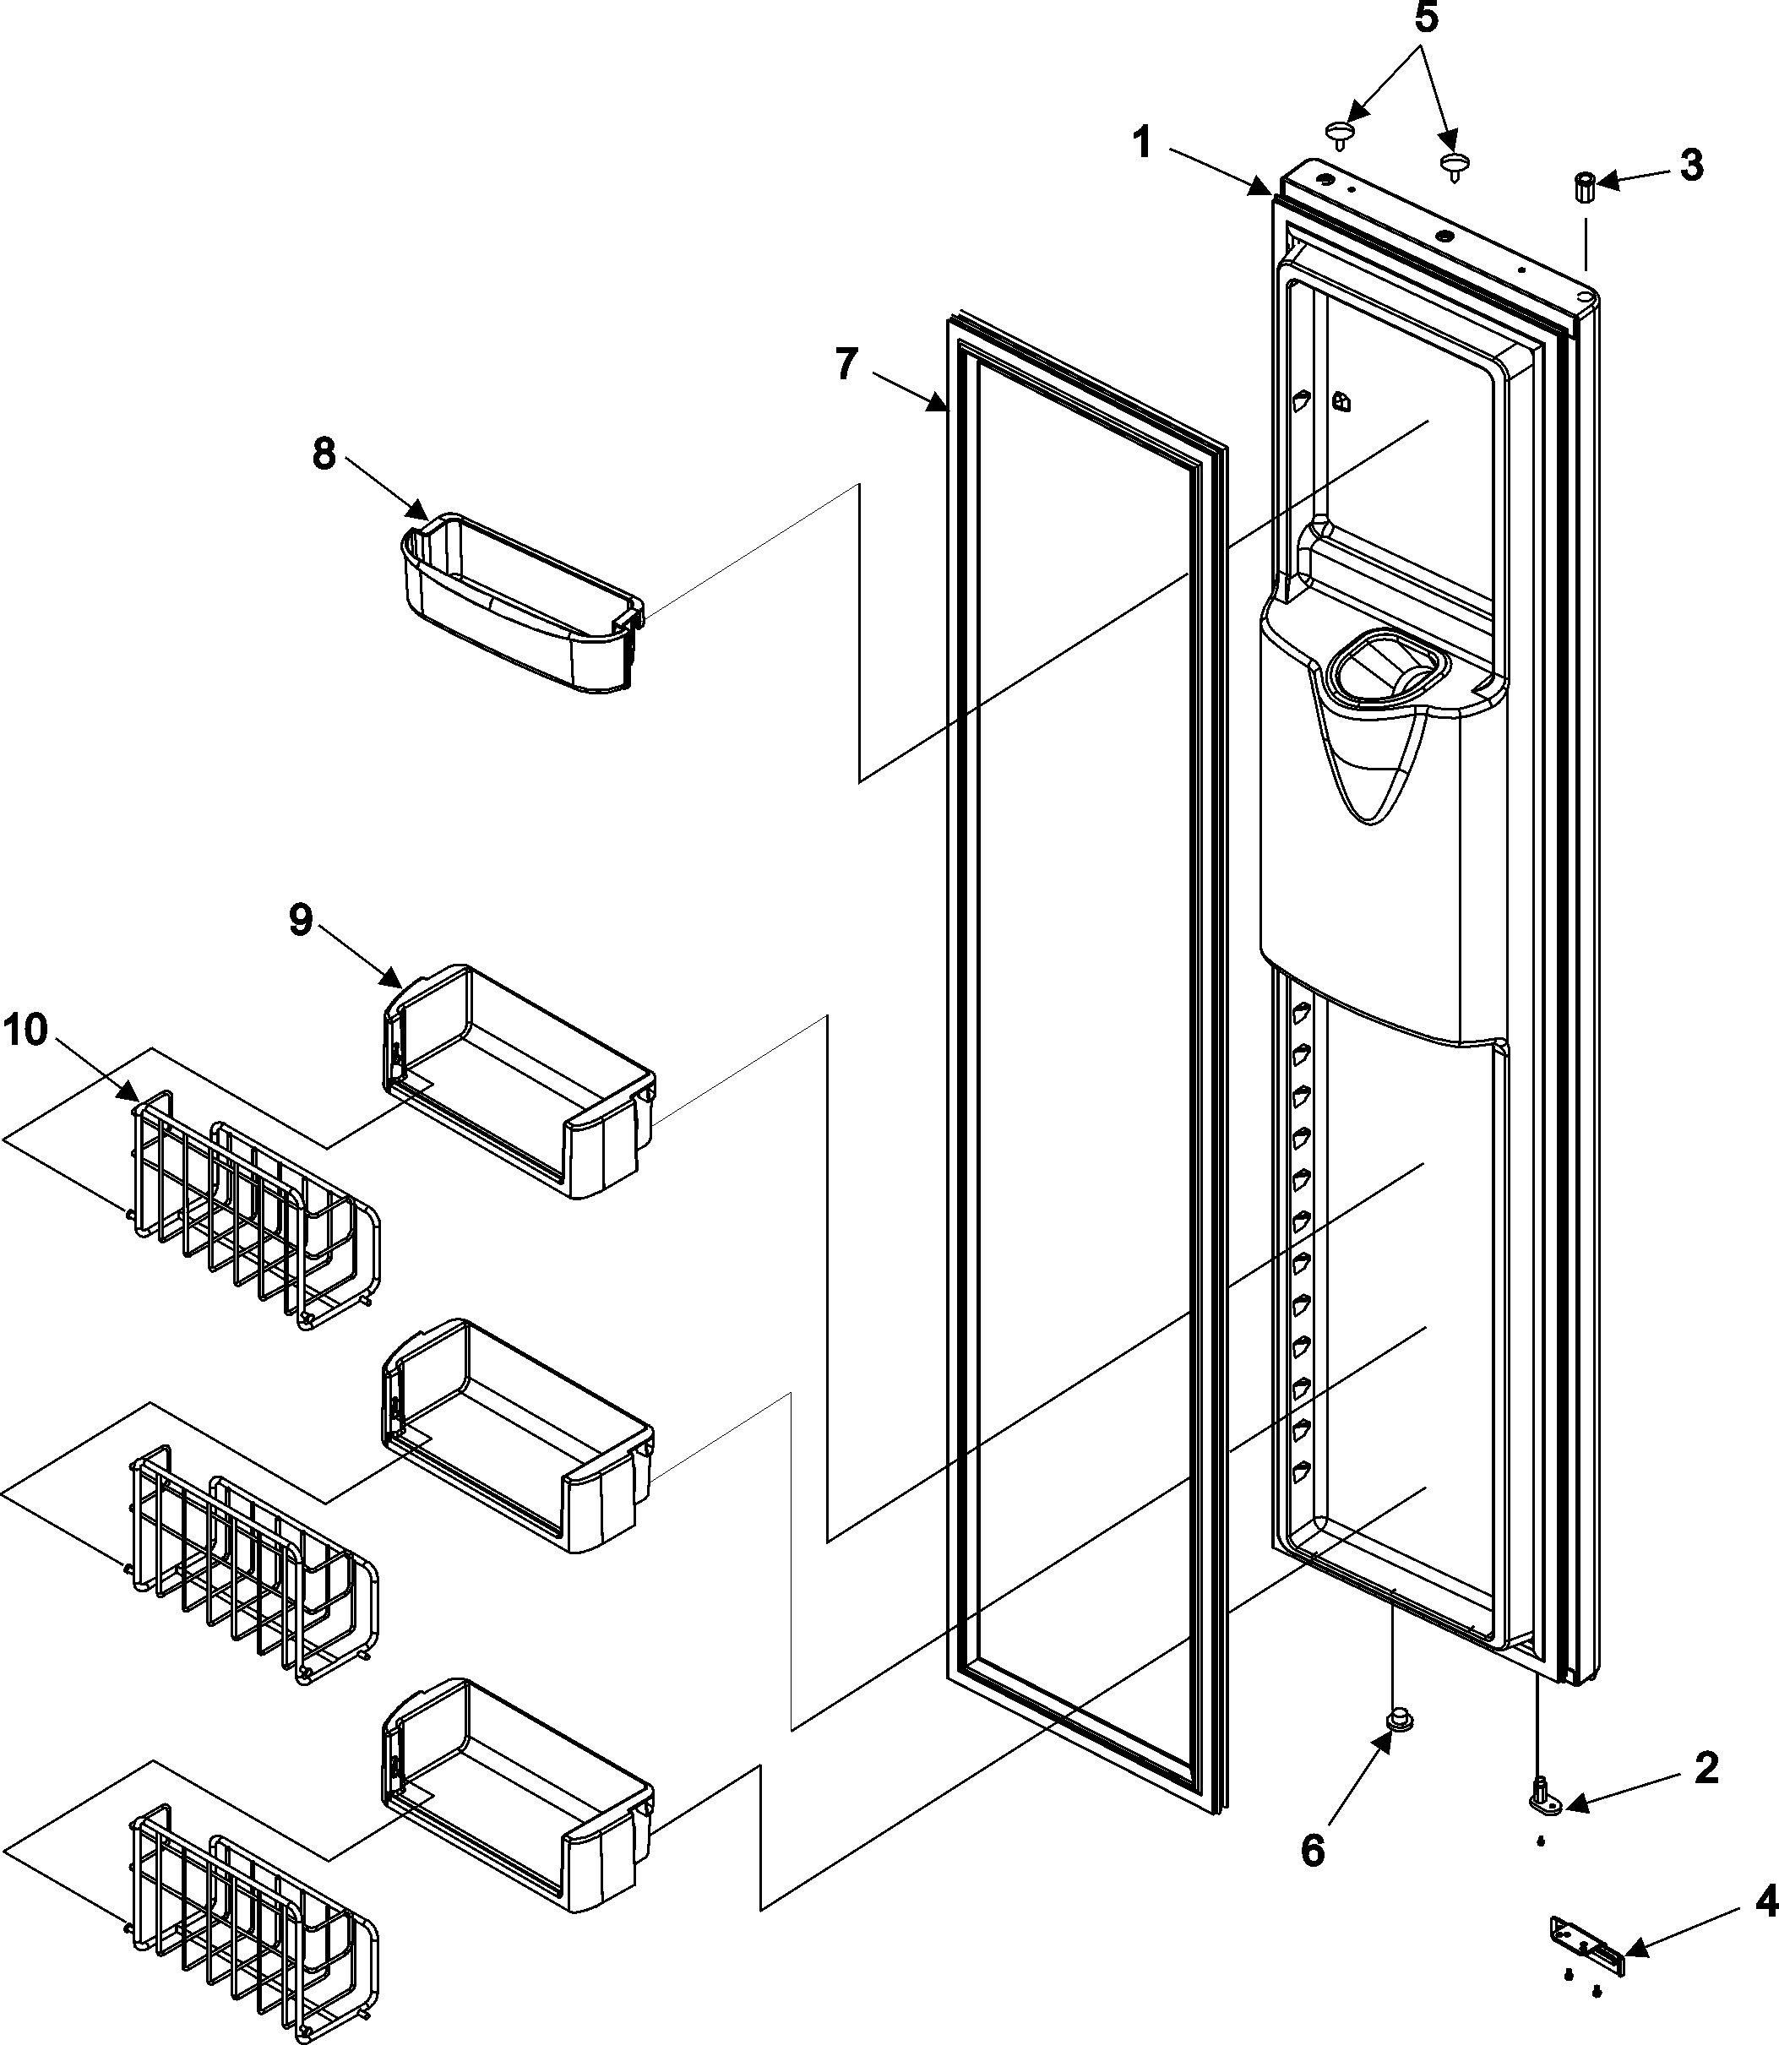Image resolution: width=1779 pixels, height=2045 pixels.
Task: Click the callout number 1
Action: click(x=1143, y=144)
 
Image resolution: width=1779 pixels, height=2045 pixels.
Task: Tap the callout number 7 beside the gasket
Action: click(x=845, y=365)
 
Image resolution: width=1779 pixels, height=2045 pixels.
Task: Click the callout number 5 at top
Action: click(x=1426, y=18)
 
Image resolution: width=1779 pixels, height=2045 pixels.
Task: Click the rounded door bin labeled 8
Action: click(x=521, y=605)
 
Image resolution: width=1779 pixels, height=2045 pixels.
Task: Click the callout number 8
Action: click(x=324, y=454)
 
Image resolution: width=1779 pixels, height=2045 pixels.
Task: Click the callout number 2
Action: click(x=1706, y=1768)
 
